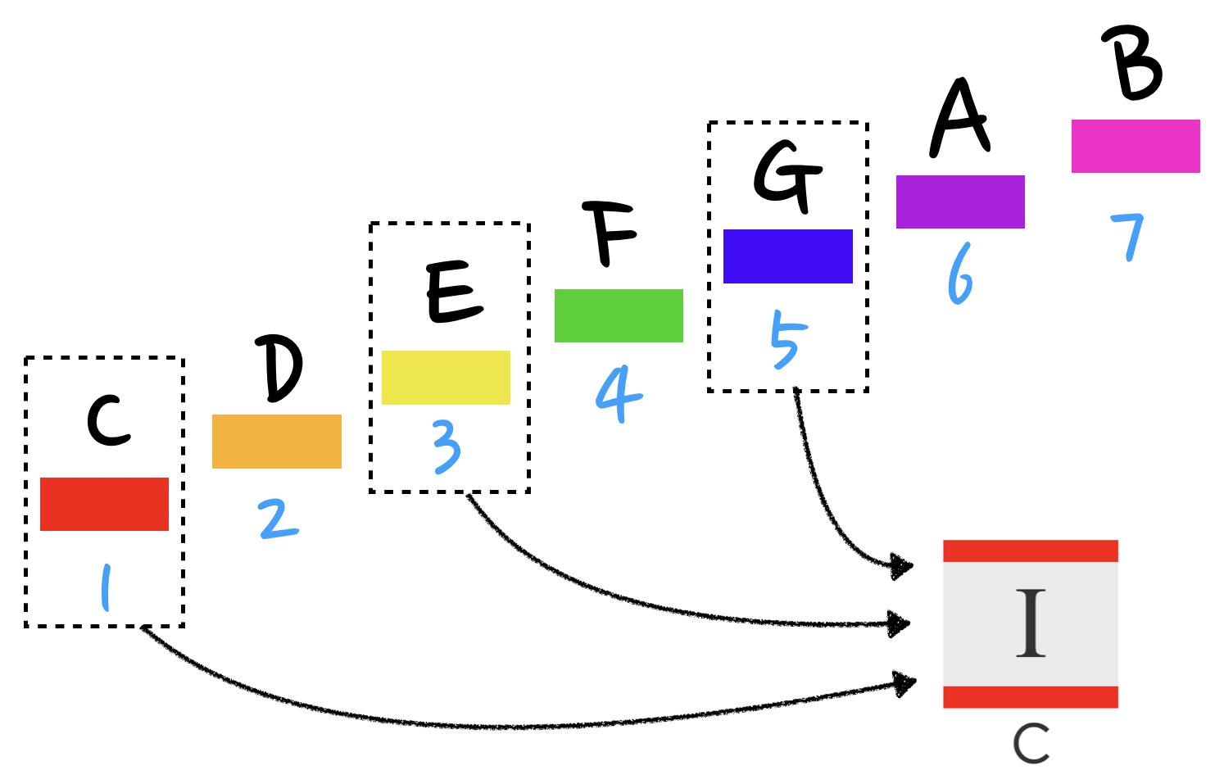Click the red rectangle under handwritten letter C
coord(104,504)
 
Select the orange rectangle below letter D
coord(276,441)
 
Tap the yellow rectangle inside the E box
coord(446,377)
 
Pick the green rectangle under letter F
coord(619,315)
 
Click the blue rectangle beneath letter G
coord(787,256)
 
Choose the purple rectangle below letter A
coord(960,202)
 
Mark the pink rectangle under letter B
coord(1136,146)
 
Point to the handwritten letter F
coord(609,233)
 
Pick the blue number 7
coord(1128,236)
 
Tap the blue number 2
coord(279,519)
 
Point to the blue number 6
coord(960,274)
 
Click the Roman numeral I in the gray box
coord(1031,623)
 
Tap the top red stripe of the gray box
coord(1030,551)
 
